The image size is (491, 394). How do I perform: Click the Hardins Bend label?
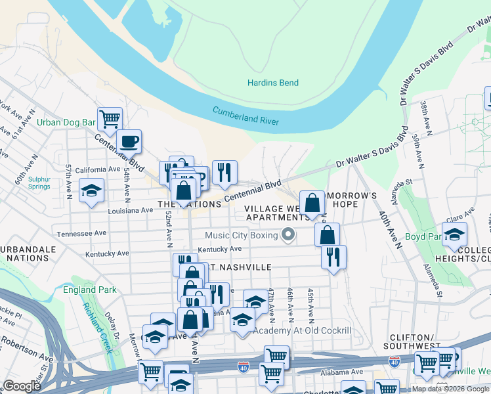272,83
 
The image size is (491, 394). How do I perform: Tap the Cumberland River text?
245,116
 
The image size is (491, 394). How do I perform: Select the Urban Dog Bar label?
66,122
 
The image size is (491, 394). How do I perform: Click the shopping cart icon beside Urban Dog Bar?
110,119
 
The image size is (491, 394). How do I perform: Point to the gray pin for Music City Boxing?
288,234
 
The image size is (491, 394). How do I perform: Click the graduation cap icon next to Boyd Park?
454,234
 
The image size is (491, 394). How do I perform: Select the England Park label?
90,290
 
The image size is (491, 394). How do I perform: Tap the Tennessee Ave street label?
81,233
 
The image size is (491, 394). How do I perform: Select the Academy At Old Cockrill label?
302,330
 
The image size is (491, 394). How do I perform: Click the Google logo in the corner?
22,385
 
